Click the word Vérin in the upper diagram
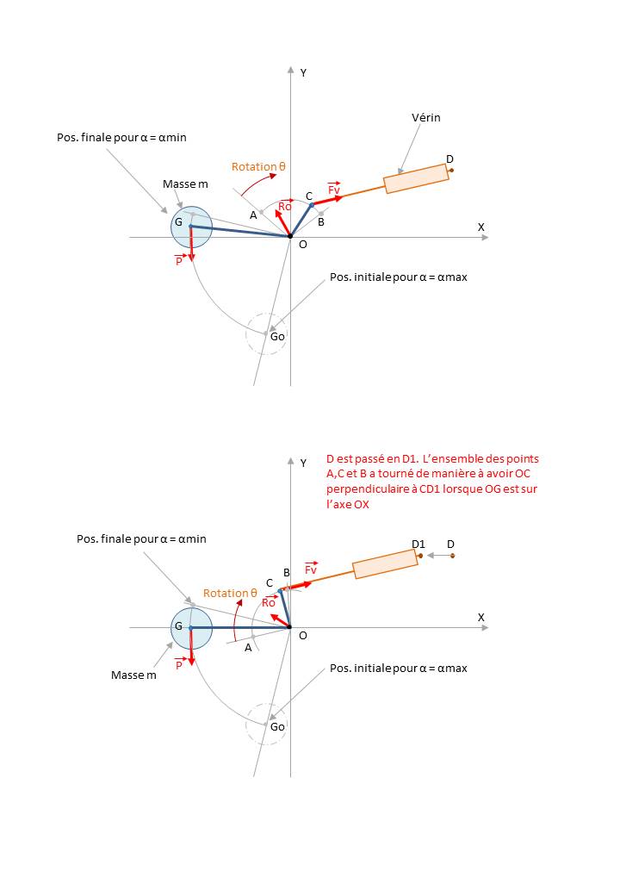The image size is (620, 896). (426, 117)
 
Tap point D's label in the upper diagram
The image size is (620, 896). (449, 159)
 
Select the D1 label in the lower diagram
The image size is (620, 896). (419, 544)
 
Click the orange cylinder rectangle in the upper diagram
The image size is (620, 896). (417, 178)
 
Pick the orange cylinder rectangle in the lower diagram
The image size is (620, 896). (385, 564)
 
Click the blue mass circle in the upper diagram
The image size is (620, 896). (191, 227)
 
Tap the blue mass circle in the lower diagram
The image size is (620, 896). (191, 626)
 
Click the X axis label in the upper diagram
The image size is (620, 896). (481, 227)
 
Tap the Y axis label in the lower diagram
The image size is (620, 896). (303, 464)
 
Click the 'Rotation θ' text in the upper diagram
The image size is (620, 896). (258, 166)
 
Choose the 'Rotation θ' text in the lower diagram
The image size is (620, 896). (230, 593)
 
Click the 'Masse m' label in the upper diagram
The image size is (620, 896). (185, 184)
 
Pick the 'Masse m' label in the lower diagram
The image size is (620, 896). (133, 675)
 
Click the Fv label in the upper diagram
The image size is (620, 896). (334, 188)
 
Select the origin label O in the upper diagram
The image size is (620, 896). (302, 244)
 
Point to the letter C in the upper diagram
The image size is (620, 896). (309, 196)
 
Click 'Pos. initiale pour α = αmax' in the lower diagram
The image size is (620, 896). (398, 668)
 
